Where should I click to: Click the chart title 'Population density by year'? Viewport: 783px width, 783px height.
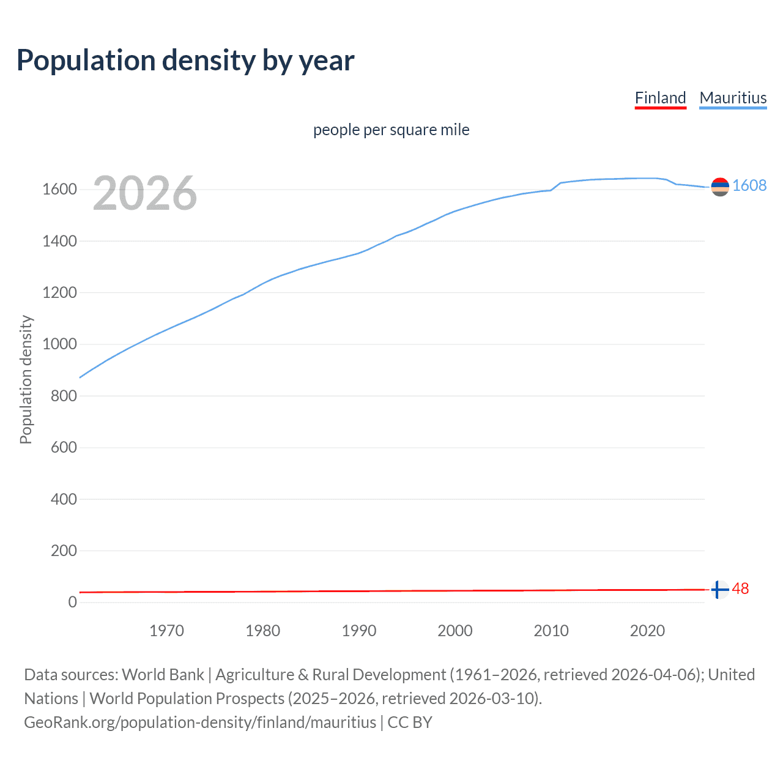185,61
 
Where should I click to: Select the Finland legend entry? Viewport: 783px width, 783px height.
660,98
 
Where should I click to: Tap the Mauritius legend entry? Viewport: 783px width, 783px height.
733,98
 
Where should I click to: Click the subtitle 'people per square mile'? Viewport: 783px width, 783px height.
391,130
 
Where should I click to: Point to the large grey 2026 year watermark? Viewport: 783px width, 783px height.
145,193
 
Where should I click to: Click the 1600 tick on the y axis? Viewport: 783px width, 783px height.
59,190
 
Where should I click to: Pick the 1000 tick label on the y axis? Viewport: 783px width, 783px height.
59,344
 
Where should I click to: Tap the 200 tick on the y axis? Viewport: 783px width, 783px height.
64,551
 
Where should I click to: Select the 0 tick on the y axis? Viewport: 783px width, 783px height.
73,603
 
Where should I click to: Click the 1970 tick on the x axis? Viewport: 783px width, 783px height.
166,631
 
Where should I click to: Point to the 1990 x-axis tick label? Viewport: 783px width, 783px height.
359,631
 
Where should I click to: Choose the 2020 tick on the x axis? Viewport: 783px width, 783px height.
647,631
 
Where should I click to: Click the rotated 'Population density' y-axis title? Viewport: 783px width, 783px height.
26,379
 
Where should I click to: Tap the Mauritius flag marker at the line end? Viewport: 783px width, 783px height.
720,187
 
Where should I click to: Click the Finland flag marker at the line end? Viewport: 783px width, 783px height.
720,590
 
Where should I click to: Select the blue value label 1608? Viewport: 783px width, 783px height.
749,186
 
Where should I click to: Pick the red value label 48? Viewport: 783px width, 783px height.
740,589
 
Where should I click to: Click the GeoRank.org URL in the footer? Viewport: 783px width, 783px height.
200,722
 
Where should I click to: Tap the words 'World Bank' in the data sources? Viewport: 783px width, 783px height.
163,675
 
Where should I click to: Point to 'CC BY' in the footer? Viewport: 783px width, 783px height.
410,722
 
